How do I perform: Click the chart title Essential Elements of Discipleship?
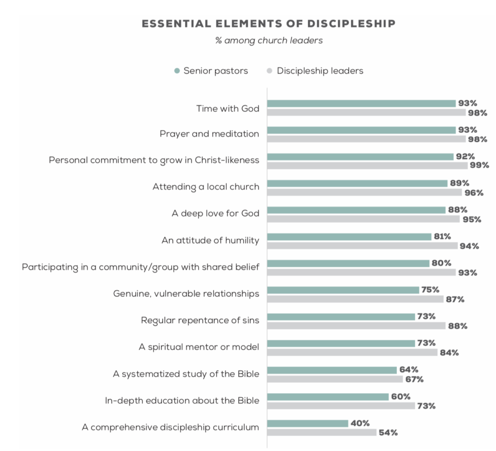pyautogui.click(x=268, y=24)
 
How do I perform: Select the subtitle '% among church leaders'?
pyautogui.click(x=269, y=40)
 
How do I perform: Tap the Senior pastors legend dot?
pyautogui.click(x=177, y=71)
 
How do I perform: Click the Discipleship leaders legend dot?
pyautogui.click(x=270, y=71)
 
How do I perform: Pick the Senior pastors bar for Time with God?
pyautogui.click(x=361, y=103)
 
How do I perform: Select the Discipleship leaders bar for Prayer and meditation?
pyautogui.click(x=366, y=139)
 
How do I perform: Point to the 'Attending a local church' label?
pyautogui.click(x=206, y=187)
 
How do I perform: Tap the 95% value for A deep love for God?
pyautogui.click(x=471, y=219)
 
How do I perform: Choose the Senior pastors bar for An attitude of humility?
pyautogui.click(x=349, y=237)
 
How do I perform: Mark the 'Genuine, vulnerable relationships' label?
pyautogui.click(x=186, y=293)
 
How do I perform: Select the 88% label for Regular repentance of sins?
pyautogui.click(x=457, y=326)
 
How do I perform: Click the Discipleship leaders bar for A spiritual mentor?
pyautogui.click(x=352, y=353)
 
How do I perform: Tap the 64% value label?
pyautogui.click(x=408, y=370)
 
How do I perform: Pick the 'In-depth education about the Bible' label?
pyautogui.click(x=182, y=401)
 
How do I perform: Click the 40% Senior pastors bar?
pyautogui.click(x=308, y=423)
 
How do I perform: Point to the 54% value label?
pyautogui.click(x=388, y=433)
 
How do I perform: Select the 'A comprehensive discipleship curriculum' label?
pyautogui.click(x=170, y=427)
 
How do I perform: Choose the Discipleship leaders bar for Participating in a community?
pyautogui.click(x=361, y=273)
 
